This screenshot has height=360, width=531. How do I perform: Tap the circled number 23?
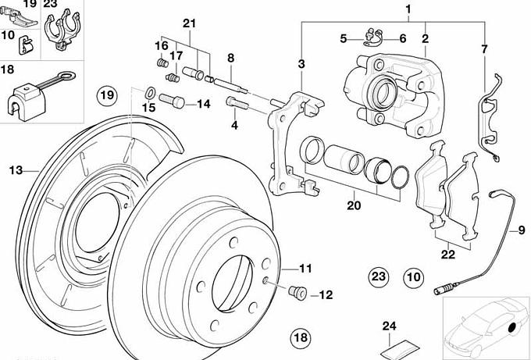(x=379, y=276)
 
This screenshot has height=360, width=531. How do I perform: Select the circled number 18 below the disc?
(x=301, y=338)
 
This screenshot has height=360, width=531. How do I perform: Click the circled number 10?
(x=413, y=276)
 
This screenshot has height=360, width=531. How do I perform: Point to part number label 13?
(x=14, y=169)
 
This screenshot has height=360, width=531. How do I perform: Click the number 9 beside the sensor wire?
(x=514, y=229)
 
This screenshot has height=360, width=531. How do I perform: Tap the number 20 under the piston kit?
(x=354, y=207)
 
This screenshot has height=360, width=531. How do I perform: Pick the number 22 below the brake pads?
(x=447, y=254)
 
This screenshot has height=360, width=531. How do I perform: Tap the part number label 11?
(x=305, y=269)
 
